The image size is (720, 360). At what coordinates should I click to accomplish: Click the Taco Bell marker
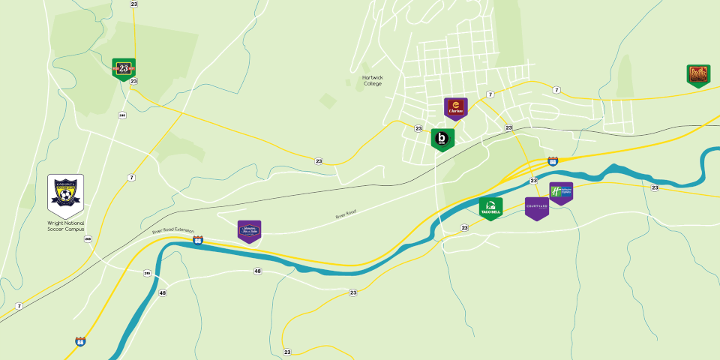pyautogui.click(x=491, y=208)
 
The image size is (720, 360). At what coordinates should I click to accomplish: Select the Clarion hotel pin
pyautogui.click(x=455, y=108)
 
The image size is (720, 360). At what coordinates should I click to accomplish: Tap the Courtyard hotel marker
pyautogui.click(x=536, y=208)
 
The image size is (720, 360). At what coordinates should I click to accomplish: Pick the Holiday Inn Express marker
pyautogui.click(x=561, y=193)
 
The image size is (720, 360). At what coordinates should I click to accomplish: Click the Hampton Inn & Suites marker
pyautogui.click(x=249, y=231)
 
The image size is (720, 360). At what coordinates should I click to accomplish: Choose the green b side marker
pyautogui.click(x=442, y=139)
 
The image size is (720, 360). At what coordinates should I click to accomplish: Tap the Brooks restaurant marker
pyautogui.click(x=698, y=75)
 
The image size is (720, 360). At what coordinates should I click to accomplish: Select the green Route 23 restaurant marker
pyautogui.click(x=124, y=68)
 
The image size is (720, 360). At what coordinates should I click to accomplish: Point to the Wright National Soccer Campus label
pyautogui.click(x=66, y=227)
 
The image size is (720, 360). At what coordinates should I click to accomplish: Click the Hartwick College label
pyautogui.click(x=372, y=80)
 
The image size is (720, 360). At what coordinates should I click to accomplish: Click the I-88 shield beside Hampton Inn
pyautogui.click(x=198, y=240)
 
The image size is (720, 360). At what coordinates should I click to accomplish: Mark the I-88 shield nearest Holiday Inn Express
pyautogui.click(x=553, y=160)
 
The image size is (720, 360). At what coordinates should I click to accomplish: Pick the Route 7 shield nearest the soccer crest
pyautogui.click(x=131, y=177)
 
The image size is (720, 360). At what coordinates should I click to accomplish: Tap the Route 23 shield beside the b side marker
pyautogui.click(x=418, y=128)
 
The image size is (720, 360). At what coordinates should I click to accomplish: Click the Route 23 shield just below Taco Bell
pyautogui.click(x=465, y=227)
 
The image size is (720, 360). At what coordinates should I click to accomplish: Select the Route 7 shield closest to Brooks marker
pyautogui.click(x=556, y=90)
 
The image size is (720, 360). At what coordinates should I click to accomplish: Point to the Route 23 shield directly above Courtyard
pyautogui.click(x=534, y=181)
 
